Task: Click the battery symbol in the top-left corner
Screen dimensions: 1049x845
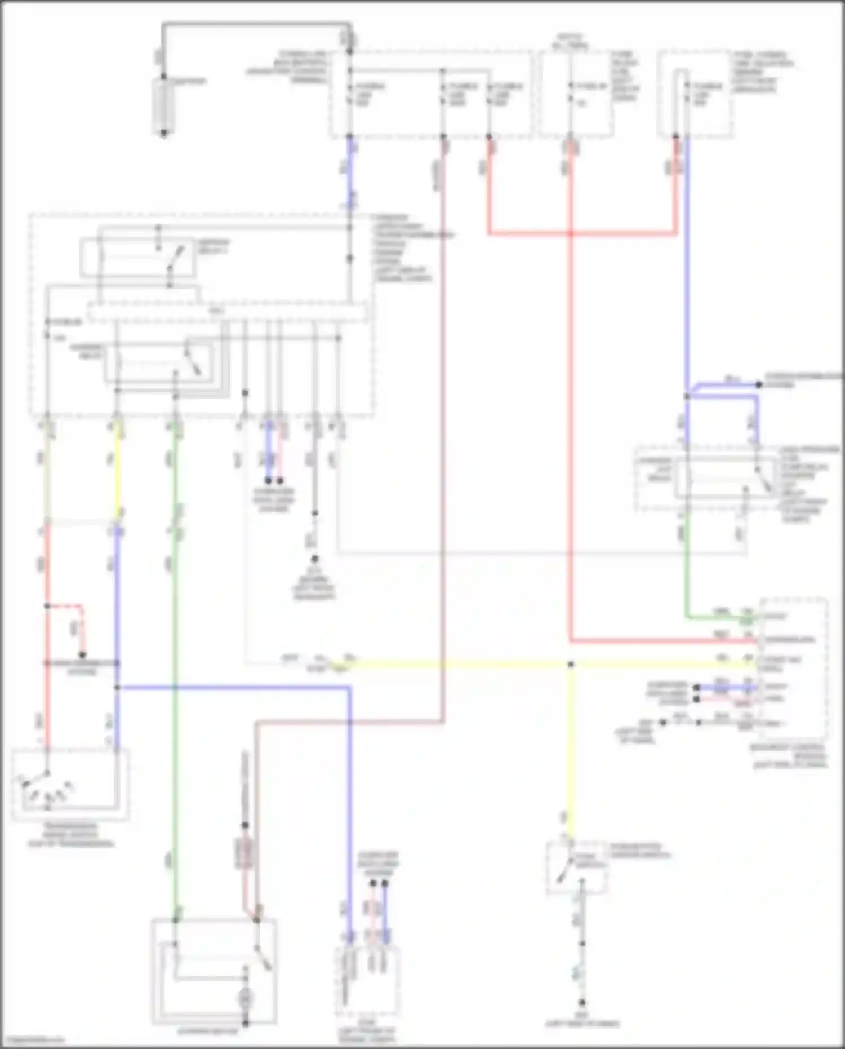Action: point(163,107)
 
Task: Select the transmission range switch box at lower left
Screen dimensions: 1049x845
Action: point(71,784)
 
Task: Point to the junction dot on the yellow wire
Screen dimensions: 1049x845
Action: point(570,665)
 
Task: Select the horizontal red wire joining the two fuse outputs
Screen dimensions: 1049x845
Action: point(580,233)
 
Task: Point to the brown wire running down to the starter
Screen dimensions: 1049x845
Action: point(443,451)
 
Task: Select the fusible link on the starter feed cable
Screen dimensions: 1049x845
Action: point(244,853)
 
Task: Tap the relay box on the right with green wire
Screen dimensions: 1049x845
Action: point(724,478)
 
